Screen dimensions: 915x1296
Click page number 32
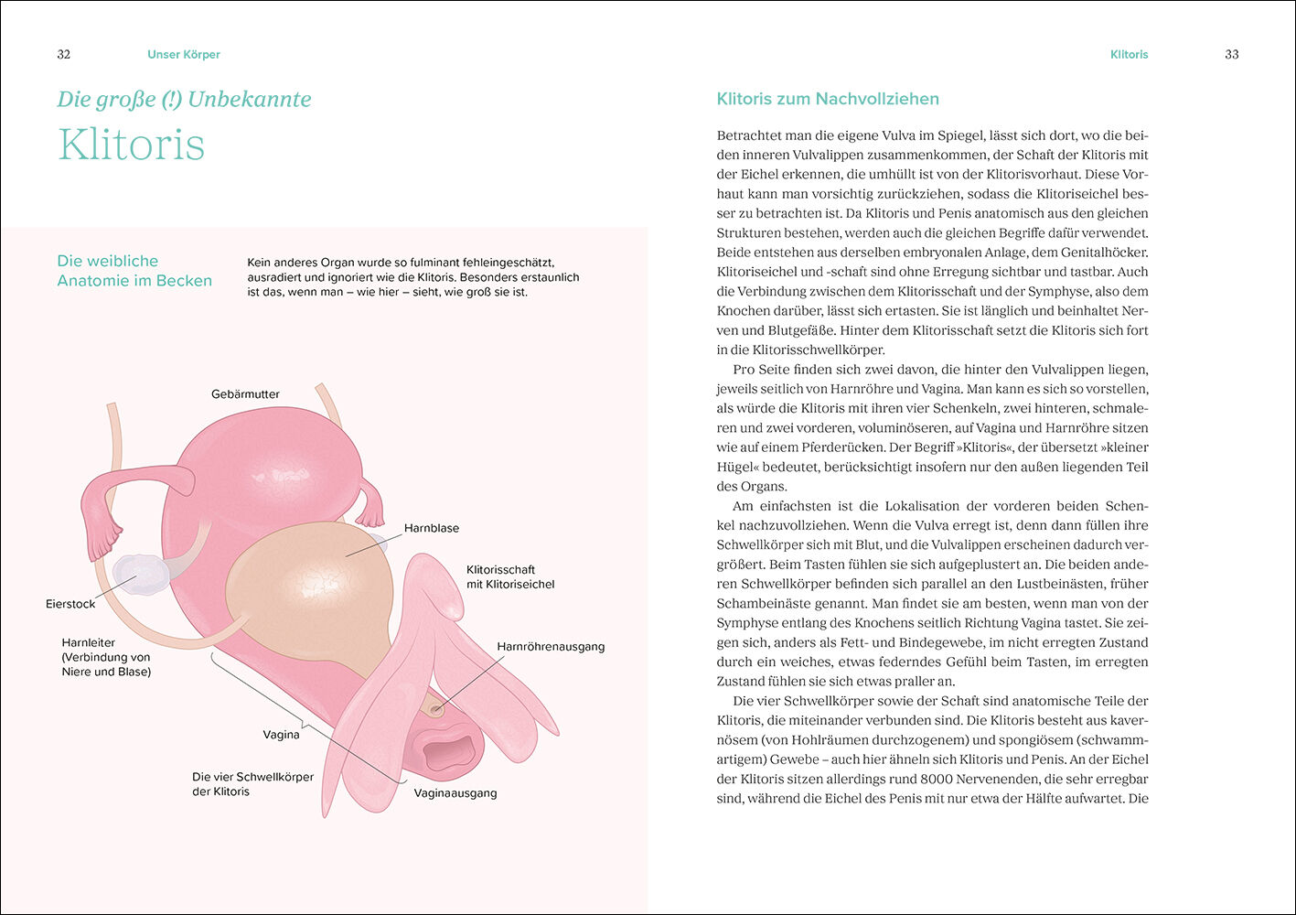63,54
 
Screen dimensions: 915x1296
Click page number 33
1231,54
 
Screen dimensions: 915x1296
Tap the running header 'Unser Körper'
183,54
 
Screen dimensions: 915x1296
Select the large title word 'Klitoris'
131,145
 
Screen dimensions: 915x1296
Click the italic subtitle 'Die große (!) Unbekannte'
184,99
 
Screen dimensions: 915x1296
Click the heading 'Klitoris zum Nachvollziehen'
828,99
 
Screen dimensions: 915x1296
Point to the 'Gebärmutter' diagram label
245,394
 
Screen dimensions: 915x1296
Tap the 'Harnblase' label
432,528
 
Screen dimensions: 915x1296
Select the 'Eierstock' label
70,604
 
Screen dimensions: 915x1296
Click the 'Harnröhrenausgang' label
551,647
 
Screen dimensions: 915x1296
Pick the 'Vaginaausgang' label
455,792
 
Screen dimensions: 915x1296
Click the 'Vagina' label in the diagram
281,735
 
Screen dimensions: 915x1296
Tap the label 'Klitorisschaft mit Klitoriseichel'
510,576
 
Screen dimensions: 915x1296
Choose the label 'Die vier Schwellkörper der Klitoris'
252,784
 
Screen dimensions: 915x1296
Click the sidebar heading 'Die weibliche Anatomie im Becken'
134,271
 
